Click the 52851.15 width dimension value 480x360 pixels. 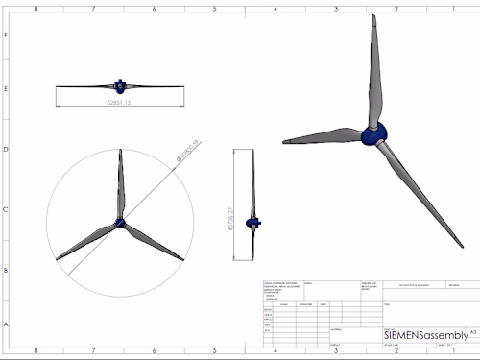point(119,100)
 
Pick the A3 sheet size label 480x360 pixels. point(473,330)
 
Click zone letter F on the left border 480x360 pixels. point(7,34)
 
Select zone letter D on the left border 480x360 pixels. point(7,150)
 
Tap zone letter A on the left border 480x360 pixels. point(7,324)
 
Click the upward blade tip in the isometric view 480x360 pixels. point(372,18)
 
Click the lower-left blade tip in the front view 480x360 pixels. point(58,259)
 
